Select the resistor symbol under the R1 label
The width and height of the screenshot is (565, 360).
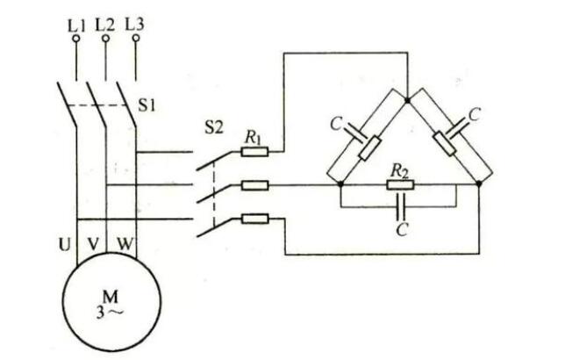click(x=254, y=151)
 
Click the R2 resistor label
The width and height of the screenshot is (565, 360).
click(x=399, y=169)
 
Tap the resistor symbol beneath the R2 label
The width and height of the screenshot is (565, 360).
click(x=400, y=185)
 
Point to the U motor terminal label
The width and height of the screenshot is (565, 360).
click(x=63, y=239)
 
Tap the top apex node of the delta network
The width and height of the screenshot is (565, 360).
click(x=410, y=100)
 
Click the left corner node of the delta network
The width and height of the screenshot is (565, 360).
click(x=340, y=185)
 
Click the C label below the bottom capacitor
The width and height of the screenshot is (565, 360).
click(x=401, y=231)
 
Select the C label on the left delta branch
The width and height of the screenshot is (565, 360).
click(x=336, y=124)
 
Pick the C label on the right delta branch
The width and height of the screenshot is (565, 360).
click(x=475, y=115)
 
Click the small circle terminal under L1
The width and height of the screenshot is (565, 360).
click(x=76, y=39)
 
